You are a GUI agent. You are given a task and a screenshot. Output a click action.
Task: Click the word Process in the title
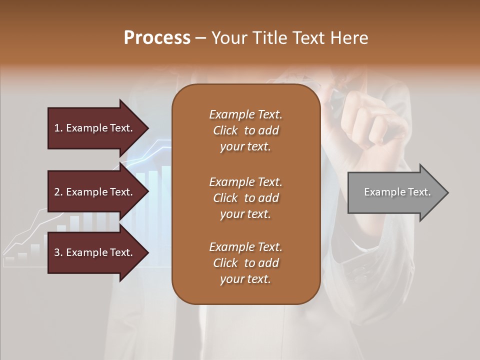pos(157,38)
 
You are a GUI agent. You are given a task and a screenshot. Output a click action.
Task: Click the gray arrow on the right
pos(395,192)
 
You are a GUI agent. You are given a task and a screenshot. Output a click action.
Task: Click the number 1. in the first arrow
pos(58,128)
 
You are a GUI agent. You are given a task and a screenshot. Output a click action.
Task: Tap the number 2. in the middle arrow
pos(58,192)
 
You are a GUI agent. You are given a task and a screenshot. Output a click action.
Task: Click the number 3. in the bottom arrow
pos(58,252)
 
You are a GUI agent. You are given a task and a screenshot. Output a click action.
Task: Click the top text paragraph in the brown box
pos(245,130)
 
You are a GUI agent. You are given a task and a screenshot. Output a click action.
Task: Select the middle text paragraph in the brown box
pos(245,197)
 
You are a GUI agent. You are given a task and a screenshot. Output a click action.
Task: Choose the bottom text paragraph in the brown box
pos(245,263)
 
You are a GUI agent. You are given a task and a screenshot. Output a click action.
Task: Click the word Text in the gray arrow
pos(419,192)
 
